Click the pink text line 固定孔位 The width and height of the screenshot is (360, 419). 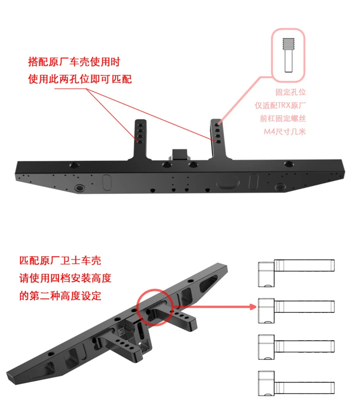[290, 91]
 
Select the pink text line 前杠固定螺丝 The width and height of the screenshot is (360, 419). [284, 118]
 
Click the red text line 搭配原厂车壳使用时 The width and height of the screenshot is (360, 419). [73, 62]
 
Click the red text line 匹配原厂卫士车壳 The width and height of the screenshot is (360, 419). [60, 261]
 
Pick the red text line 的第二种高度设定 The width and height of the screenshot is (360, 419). [60, 296]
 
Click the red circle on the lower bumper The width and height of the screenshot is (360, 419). [155, 307]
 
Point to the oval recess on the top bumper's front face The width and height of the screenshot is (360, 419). [228, 182]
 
